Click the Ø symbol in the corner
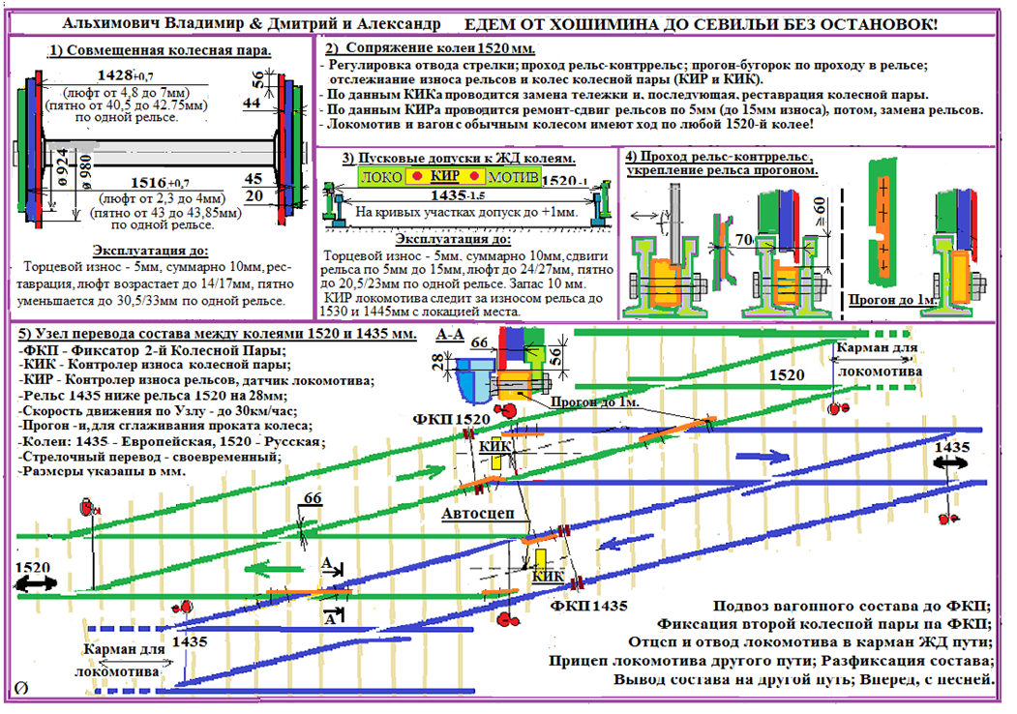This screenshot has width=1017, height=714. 20,687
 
